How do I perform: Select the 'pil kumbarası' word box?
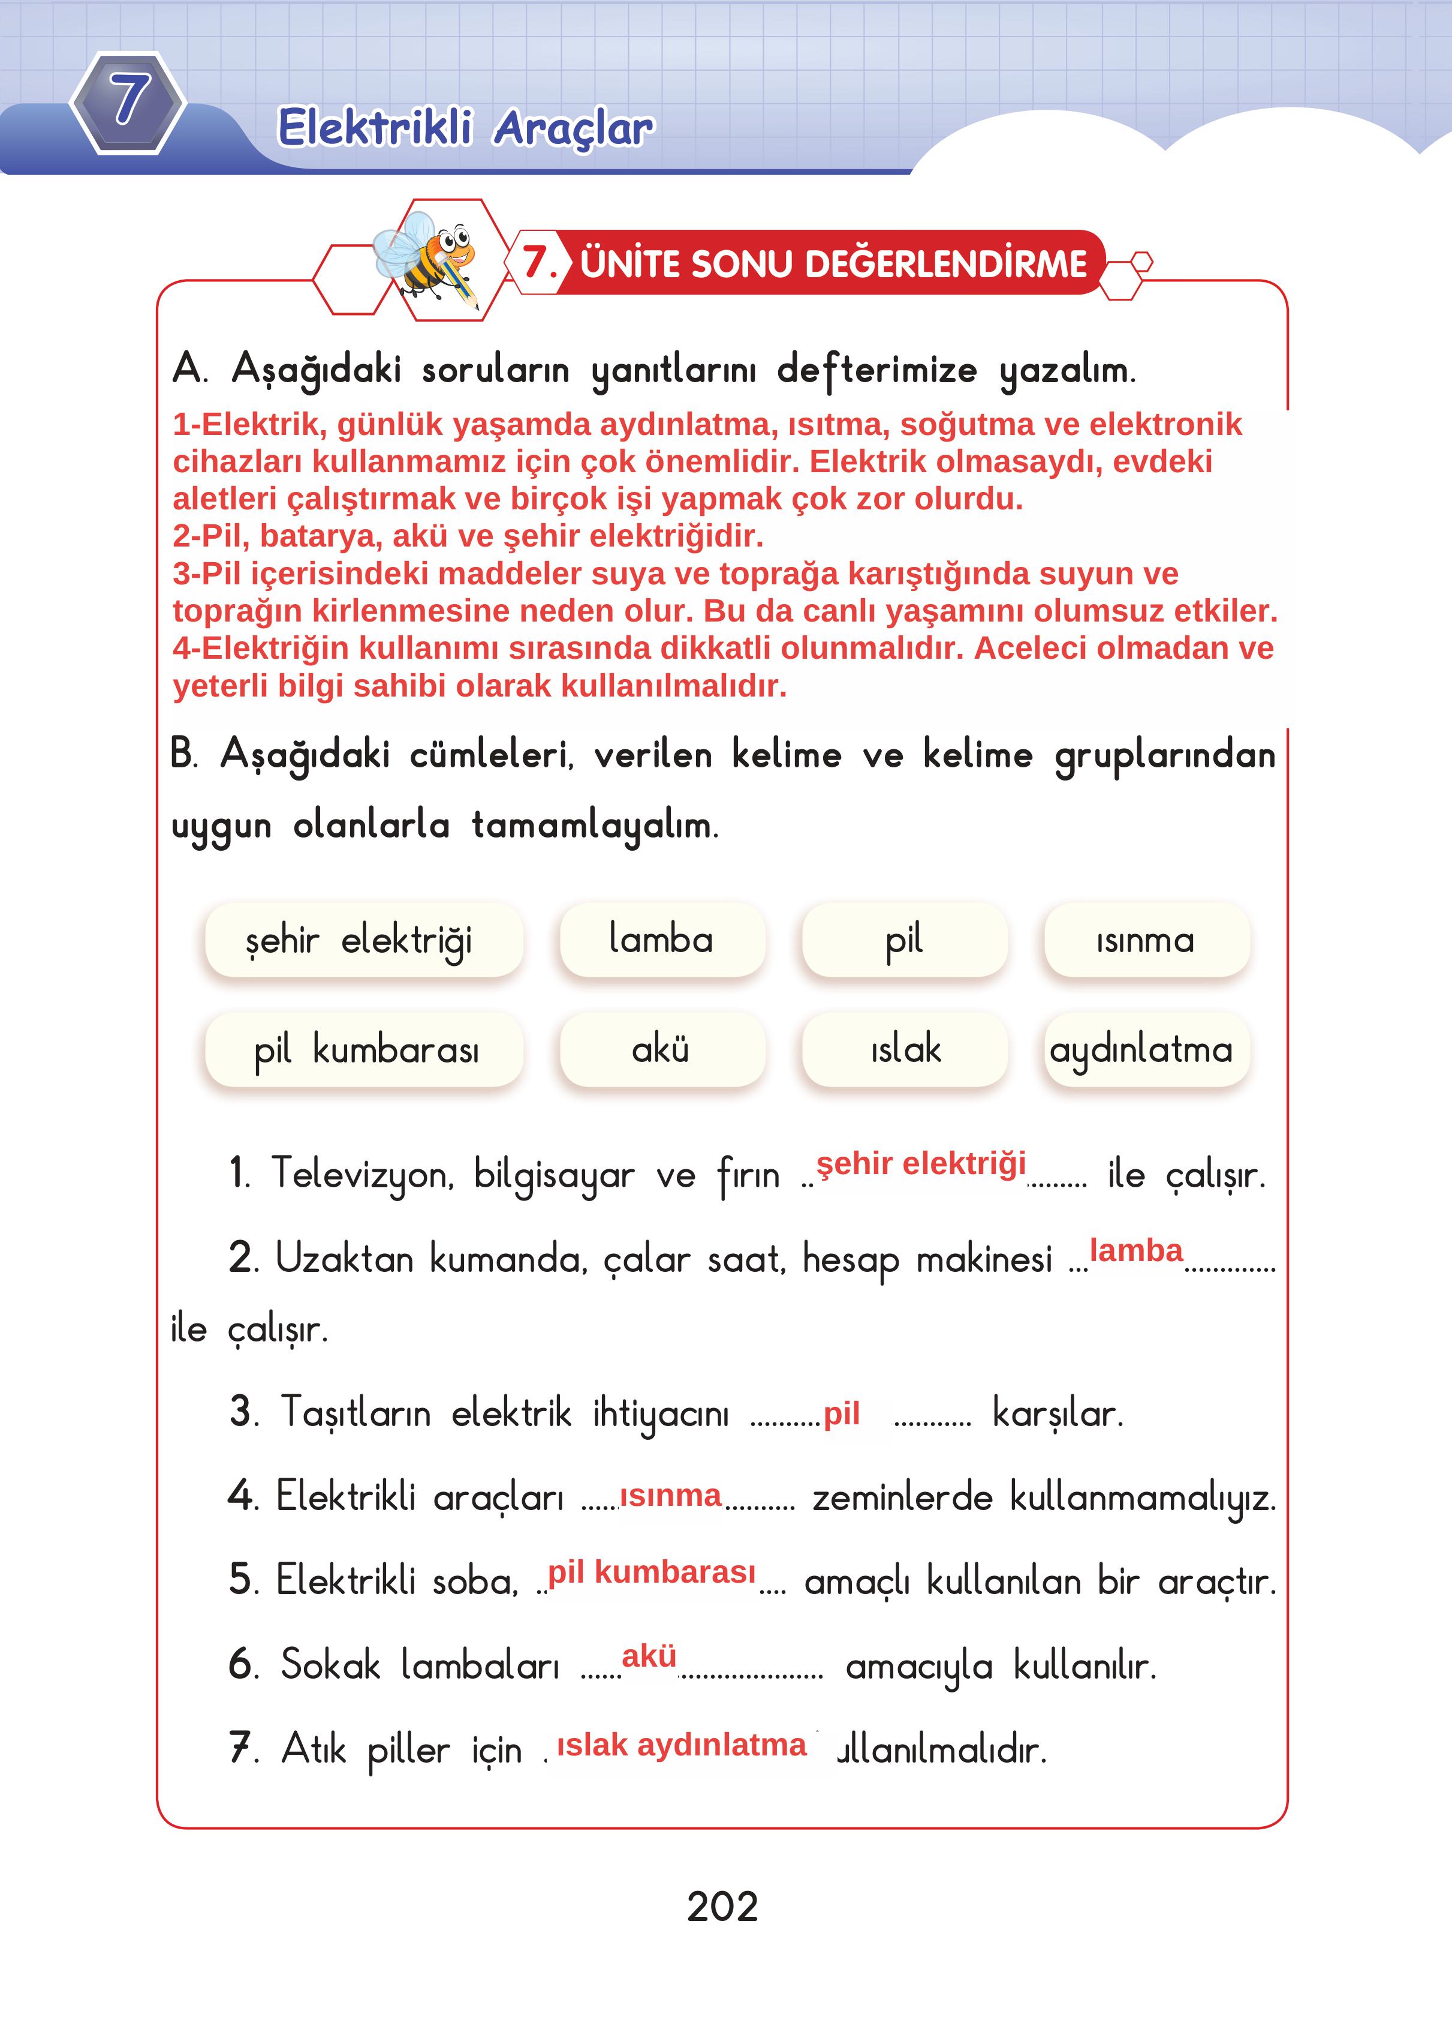(x=363, y=1050)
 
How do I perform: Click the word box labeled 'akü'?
(x=661, y=1050)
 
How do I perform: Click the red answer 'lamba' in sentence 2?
(x=1136, y=1250)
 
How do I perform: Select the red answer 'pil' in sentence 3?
(x=841, y=1413)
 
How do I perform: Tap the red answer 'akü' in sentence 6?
(x=649, y=1656)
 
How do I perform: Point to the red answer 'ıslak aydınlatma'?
(x=681, y=1745)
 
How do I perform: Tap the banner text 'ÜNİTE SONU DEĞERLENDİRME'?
(x=833, y=263)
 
